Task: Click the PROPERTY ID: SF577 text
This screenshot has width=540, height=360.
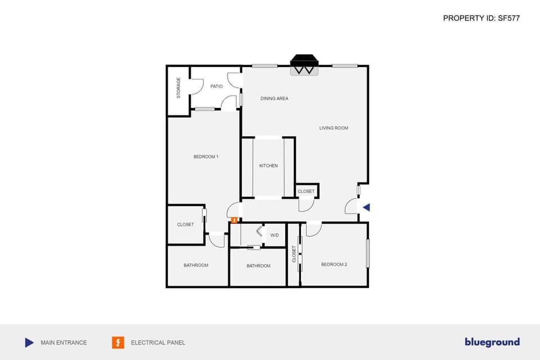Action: [x=481, y=18]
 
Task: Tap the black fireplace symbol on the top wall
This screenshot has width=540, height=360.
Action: [x=304, y=64]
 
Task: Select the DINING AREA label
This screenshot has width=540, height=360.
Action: [x=274, y=98]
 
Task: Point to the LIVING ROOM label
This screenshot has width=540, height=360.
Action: [x=334, y=128]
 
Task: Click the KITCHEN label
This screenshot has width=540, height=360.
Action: [x=268, y=166]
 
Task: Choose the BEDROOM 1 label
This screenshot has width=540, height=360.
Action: [x=206, y=156]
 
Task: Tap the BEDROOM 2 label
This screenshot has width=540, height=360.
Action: [x=334, y=264]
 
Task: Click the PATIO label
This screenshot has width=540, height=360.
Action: [x=217, y=87]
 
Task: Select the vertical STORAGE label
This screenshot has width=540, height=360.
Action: [x=179, y=88]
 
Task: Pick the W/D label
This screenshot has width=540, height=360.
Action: [x=274, y=235]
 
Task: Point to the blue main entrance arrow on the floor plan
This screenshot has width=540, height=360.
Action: [x=366, y=208]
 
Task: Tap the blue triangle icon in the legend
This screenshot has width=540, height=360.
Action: [x=29, y=343]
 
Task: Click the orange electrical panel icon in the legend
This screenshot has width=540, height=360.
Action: [x=118, y=343]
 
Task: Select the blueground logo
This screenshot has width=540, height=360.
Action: [x=492, y=342]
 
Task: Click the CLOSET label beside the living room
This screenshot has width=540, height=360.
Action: [x=307, y=191]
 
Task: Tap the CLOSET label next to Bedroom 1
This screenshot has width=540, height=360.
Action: [x=186, y=224]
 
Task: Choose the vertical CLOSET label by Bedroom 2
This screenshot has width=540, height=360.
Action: [x=294, y=254]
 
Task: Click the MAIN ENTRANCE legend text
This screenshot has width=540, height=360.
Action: [x=64, y=343]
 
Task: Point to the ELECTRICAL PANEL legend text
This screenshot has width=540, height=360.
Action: [x=158, y=343]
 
